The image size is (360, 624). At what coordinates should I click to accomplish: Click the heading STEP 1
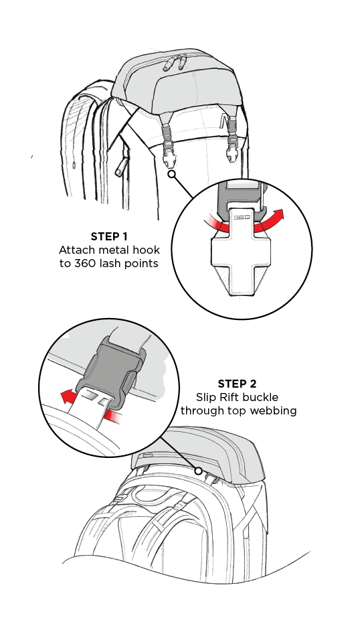click(x=109, y=236)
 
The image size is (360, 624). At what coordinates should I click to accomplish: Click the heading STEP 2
click(x=237, y=384)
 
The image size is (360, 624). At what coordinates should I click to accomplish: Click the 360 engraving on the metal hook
click(x=241, y=218)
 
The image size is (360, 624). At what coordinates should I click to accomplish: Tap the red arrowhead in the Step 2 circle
click(x=66, y=396)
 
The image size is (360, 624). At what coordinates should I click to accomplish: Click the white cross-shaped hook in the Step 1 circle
click(x=241, y=258)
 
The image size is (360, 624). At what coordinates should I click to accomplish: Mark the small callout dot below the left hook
click(x=171, y=174)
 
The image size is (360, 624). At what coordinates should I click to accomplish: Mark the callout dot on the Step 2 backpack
click(x=198, y=471)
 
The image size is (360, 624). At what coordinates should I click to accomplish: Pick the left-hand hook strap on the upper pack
click(x=168, y=144)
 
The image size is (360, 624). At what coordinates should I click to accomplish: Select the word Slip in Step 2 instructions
click(x=203, y=398)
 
